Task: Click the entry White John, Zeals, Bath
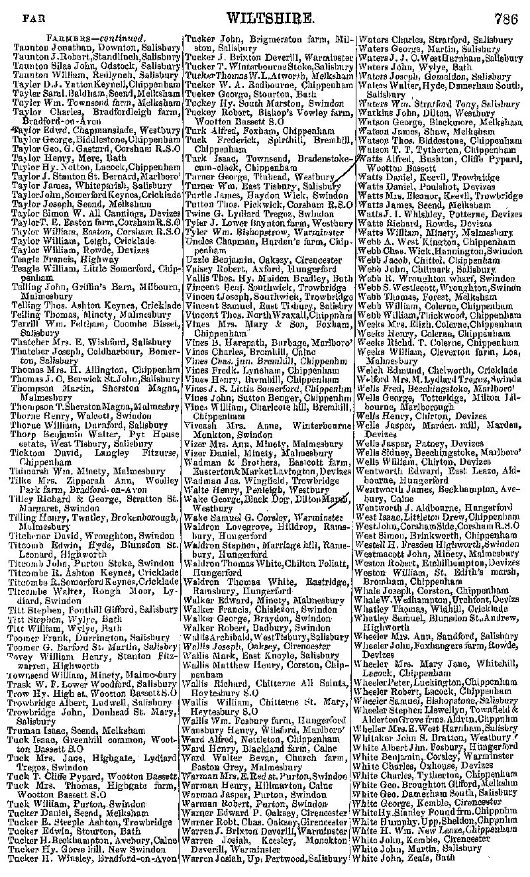coord(404,856)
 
